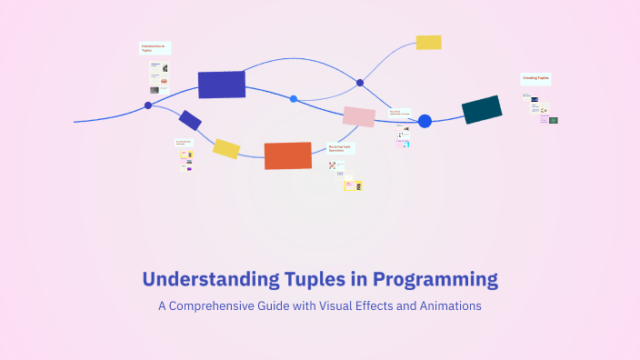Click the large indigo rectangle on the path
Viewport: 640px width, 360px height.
click(x=222, y=85)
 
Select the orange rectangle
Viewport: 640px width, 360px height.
click(x=287, y=155)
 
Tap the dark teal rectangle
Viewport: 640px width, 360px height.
click(x=482, y=109)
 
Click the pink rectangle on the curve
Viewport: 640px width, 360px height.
click(x=358, y=116)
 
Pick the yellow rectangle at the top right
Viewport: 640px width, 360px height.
click(x=428, y=42)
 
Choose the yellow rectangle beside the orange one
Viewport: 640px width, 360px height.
click(x=226, y=148)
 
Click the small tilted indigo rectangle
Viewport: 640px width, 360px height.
click(x=190, y=120)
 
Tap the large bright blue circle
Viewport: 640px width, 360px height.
click(x=425, y=121)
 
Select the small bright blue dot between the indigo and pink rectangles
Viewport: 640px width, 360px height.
click(x=293, y=98)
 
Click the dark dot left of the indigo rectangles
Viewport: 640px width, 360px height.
click(x=148, y=105)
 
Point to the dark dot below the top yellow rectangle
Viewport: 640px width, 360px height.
click(x=360, y=83)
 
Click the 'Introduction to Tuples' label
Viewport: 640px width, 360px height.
click(x=154, y=48)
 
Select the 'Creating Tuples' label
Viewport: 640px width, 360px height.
click(x=535, y=79)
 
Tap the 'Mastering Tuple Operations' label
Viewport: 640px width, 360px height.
click(x=341, y=147)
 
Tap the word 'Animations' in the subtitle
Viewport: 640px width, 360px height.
click(x=450, y=306)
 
